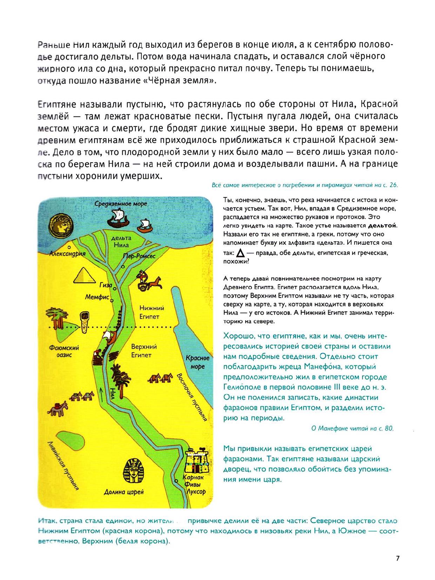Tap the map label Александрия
(x=68, y=254)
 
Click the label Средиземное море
(x=121, y=203)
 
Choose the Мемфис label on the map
(x=97, y=297)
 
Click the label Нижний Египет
(x=152, y=312)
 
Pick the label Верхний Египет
(x=144, y=351)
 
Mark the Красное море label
(x=198, y=362)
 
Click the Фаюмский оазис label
(x=64, y=351)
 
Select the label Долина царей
(x=123, y=492)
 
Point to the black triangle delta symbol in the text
(x=240, y=252)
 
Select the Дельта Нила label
(x=121, y=242)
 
